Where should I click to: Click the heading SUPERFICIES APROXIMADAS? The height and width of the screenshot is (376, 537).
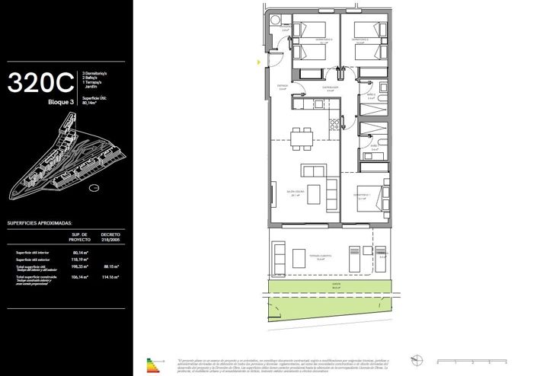tap(40, 225)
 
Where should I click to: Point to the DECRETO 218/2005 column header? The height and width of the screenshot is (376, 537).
tap(111, 237)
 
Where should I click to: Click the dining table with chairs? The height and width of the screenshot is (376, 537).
tap(303, 138)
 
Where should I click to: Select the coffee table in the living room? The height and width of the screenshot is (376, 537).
tap(311, 169)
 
